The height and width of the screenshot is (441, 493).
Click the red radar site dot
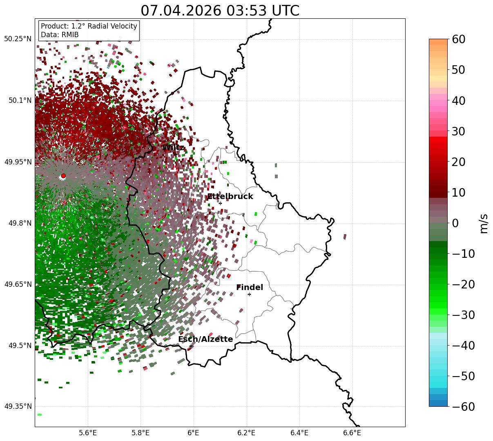[x=63, y=175]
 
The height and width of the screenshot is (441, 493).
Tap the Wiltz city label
[x=173, y=147]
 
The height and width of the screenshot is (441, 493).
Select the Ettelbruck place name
[x=230, y=196]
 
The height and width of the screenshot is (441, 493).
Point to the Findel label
[x=250, y=287]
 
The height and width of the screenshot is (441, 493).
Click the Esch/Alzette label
[x=205, y=339]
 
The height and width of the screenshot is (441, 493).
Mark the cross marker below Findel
[x=249, y=295]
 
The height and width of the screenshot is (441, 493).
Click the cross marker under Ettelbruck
[x=220, y=203]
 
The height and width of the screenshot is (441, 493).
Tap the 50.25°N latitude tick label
[x=18, y=39]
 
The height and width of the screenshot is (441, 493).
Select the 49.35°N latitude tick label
[x=18, y=406]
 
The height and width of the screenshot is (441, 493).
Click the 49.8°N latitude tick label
[x=20, y=223]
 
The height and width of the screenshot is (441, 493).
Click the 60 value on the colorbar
[x=458, y=39]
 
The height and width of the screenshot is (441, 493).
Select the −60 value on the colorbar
[x=463, y=406]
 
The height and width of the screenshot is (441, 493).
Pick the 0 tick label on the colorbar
[x=455, y=223]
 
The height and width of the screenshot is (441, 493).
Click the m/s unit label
[x=484, y=224]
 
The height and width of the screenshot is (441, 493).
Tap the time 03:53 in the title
[x=247, y=11]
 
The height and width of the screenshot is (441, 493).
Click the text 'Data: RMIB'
[x=60, y=35]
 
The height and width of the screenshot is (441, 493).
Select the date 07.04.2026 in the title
[x=181, y=11]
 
